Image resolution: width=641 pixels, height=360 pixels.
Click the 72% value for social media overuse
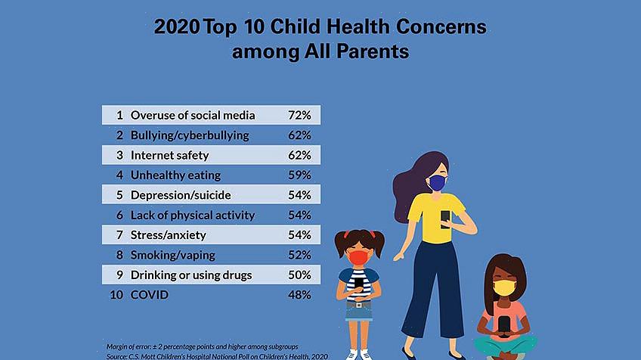tap(299, 116)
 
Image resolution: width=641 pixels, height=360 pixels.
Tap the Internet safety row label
tap(169, 155)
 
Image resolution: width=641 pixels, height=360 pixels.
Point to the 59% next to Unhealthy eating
tap(299, 175)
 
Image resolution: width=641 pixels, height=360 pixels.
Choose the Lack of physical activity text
tap(193, 215)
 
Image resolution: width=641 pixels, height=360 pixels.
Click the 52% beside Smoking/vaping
tap(299, 255)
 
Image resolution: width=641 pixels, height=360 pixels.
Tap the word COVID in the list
tap(150, 294)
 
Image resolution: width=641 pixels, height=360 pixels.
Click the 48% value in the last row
tap(299, 294)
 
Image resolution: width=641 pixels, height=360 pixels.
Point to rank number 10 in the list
tap(116, 294)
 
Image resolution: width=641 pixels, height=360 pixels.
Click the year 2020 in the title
tap(177, 27)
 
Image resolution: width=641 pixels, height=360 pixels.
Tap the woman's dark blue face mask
tap(436, 183)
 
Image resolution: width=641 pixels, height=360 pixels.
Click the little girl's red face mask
tap(358, 258)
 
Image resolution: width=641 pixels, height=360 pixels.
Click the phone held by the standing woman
tap(446, 219)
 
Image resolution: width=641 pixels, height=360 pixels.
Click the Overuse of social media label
tap(193, 116)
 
